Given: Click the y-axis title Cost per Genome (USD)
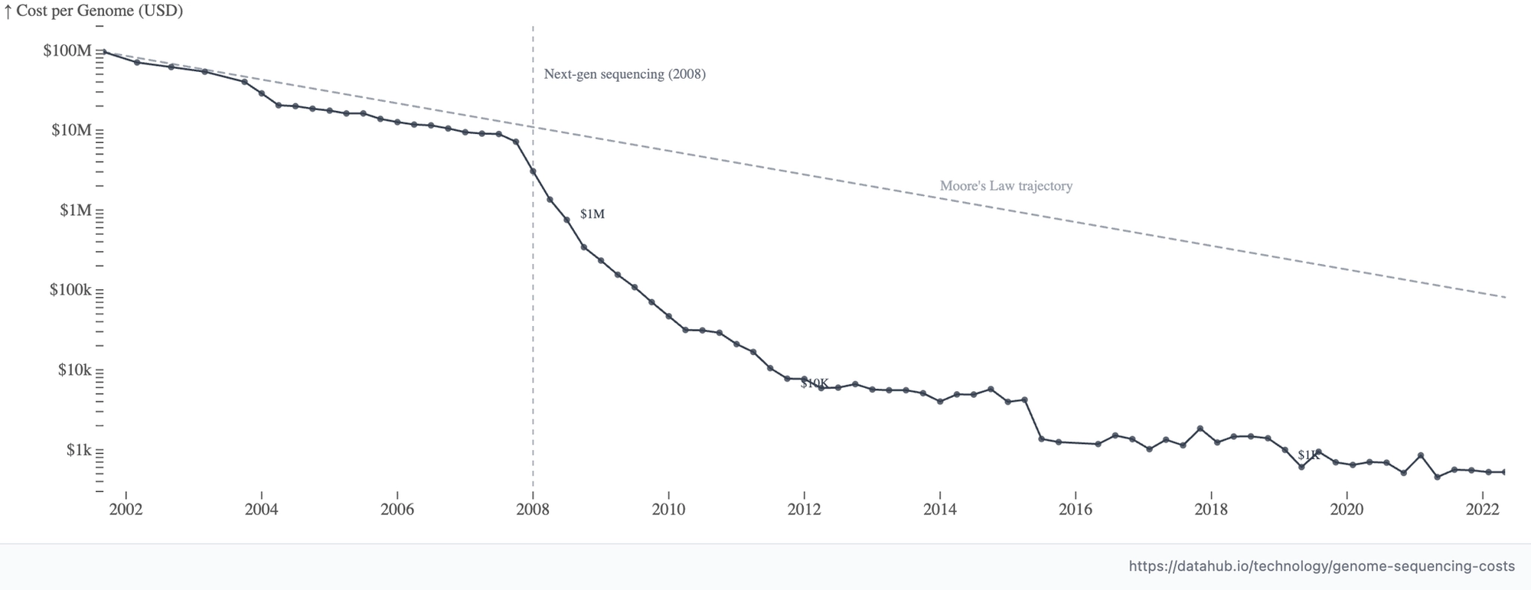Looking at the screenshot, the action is [x=100, y=11].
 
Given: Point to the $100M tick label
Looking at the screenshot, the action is [x=67, y=51].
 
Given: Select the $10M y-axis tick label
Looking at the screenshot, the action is [x=71, y=131].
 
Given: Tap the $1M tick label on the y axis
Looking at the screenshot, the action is [x=76, y=210].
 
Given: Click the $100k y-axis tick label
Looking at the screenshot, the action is [x=70, y=290].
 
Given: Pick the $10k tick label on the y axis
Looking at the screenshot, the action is [x=74, y=370].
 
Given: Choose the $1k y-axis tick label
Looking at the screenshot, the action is [x=79, y=450].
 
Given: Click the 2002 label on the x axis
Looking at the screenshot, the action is [x=126, y=510].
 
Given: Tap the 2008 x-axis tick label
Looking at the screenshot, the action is [x=533, y=510].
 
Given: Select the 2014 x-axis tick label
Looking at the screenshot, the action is [x=940, y=510].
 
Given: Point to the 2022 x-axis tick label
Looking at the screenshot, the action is [x=1483, y=510].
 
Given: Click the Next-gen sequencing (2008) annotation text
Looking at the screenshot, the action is [x=625, y=74].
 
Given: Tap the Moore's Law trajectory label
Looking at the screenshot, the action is [x=1006, y=186].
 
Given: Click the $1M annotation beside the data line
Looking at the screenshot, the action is [x=592, y=214].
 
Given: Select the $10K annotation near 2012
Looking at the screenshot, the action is [x=814, y=383].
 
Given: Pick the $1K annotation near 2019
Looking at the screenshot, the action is [x=1308, y=455].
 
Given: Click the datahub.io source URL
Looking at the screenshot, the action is [x=1322, y=566].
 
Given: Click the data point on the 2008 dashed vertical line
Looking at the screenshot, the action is [x=533, y=171].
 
